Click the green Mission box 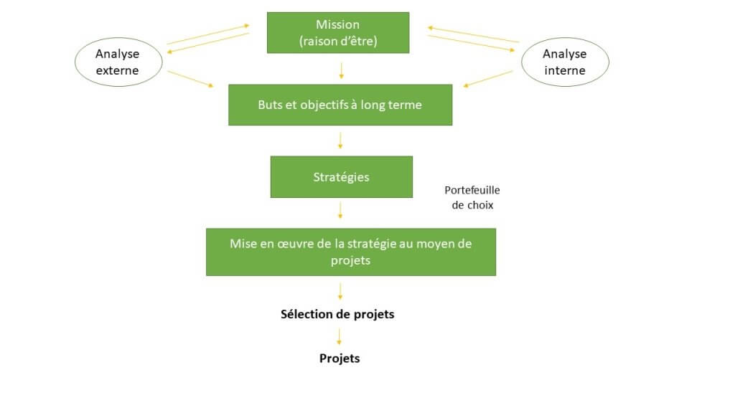pos(338,32)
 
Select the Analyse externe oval pos(117,62)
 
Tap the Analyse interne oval pos(564,62)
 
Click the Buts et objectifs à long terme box pos(340,105)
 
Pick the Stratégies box pos(341,176)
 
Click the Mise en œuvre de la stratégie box pos(350,252)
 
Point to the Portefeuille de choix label pos(472,197)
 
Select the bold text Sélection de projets pos(337,314)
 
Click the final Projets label pos(340,358)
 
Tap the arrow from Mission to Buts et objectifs pos(341,70)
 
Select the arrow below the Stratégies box pos(340,210)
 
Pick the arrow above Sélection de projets pos(340,290)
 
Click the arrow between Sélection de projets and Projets pos(340,336)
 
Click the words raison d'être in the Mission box pos(338,42)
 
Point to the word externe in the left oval pos(117,70)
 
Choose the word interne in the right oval pos(564,70)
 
